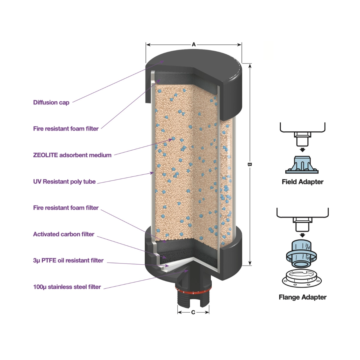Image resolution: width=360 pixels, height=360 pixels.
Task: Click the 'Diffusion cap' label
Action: [x=51, y=103]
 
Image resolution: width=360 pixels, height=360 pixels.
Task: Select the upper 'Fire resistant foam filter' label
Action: [x=66, y=129]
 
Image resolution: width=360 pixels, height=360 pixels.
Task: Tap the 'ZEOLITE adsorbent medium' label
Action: [x=72, y=155]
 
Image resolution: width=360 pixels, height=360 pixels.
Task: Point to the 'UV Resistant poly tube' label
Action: [x=64, y=181]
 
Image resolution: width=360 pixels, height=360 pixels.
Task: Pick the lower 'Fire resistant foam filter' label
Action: [x=66, y=208]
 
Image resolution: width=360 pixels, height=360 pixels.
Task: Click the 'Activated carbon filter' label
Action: [x=64, y=234]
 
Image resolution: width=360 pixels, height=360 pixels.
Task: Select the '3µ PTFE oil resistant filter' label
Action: [x=68, y=260]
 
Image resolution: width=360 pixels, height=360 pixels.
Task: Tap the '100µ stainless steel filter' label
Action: [x=67, y=287]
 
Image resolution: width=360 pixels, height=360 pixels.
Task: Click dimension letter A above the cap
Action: [x=194, y=45]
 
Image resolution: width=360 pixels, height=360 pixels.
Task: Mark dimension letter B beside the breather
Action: [x=249, y=164]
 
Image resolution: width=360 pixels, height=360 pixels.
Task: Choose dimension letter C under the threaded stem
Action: [x=193, y=312]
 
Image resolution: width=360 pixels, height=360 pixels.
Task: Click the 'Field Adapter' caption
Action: [x=302, y=182]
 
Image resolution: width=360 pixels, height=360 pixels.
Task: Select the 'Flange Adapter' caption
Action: [x=302, y=297]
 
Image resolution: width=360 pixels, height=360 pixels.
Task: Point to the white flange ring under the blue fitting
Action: [x=302, y=277]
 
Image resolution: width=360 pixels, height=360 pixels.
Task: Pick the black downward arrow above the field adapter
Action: [x=302, y=150]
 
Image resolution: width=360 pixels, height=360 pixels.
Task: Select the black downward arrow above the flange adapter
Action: [x=302, y=235]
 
